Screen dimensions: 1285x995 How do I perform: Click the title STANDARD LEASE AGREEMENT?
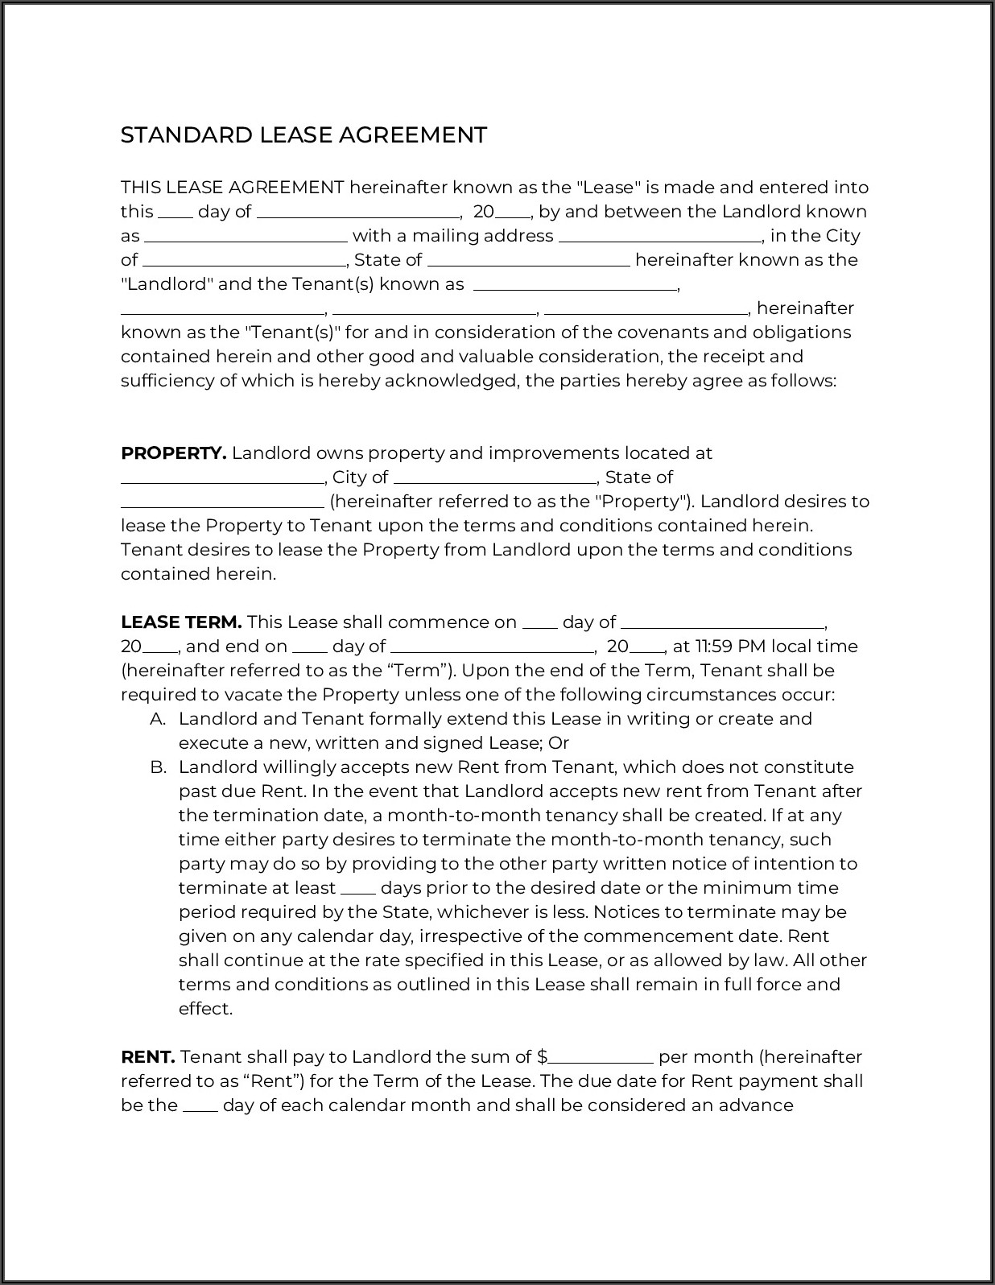tap(303, 134)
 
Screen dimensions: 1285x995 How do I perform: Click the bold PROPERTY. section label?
tap(173, 453)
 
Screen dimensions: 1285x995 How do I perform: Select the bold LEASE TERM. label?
tap(181, 622)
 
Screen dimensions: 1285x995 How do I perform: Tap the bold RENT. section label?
tap(147, 1057)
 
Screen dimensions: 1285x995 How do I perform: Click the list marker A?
tap(158, 719)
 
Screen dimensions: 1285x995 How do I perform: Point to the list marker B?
tap(158, 767)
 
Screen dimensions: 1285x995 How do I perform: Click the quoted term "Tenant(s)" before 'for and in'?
tap(293, 333)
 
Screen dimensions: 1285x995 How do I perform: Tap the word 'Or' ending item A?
tap(559, 743)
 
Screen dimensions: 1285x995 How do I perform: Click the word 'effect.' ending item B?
tap(205, 1009)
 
